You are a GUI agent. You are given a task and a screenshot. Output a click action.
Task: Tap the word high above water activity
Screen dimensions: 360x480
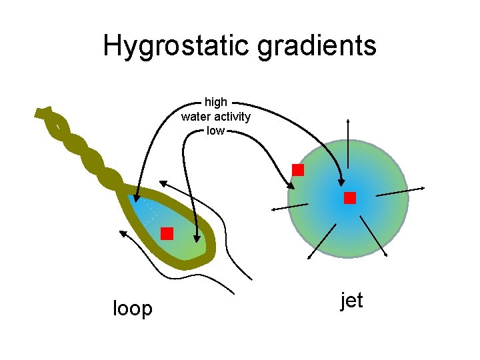215,102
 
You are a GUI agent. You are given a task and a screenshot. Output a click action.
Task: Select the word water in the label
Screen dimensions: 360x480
197,117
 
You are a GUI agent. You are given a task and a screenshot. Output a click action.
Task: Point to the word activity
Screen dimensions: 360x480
232,117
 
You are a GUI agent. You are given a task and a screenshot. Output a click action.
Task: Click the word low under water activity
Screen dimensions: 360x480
215,131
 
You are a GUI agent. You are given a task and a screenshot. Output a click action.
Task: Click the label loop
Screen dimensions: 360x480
133,309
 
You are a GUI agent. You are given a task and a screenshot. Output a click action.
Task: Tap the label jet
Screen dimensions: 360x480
351,301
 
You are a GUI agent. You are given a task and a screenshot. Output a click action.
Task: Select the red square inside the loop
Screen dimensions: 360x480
167,233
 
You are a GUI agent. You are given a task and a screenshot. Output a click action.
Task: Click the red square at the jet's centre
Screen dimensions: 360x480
350,198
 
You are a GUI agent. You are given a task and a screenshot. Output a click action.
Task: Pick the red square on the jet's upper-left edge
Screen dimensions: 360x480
298,170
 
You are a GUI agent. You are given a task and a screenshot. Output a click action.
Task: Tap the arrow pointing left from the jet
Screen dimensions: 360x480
289,207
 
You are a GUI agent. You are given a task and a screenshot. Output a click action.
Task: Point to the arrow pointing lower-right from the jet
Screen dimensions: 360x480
374,238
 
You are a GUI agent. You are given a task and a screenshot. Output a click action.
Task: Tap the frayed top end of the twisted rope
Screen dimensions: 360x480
44,112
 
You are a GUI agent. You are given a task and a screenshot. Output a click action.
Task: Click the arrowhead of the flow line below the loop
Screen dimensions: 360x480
123,233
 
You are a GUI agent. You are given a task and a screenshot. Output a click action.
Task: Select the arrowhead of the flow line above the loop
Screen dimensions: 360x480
163,183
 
